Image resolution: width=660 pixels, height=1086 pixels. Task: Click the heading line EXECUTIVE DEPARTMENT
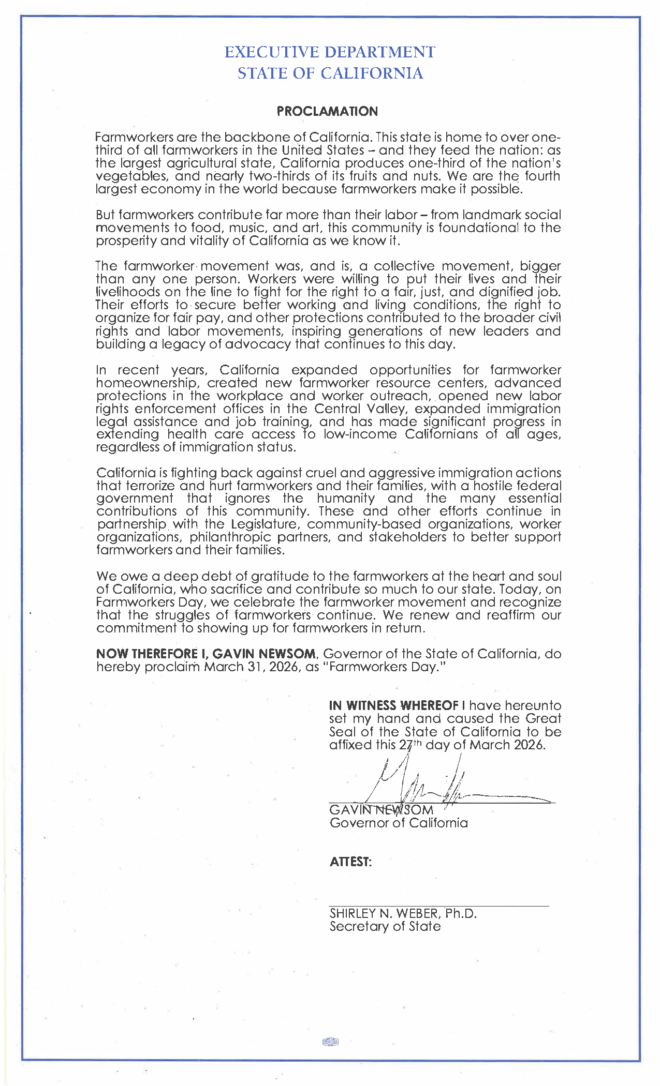pos(330,52)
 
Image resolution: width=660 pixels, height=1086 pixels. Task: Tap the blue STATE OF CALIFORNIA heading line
pos(330,73)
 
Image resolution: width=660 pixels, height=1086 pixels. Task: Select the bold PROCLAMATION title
pos(327,111)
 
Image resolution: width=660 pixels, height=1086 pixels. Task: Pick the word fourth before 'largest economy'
pos(542,176)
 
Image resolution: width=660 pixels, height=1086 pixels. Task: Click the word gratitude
pos(277,577)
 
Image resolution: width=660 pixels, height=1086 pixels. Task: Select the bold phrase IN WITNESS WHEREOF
pos(393,706)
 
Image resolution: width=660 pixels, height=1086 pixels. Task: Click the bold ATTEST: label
pos(350,862)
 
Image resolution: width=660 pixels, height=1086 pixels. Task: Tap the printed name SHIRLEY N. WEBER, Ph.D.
pos(403,914)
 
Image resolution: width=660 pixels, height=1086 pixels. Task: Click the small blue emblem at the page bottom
pos(330,1042)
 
